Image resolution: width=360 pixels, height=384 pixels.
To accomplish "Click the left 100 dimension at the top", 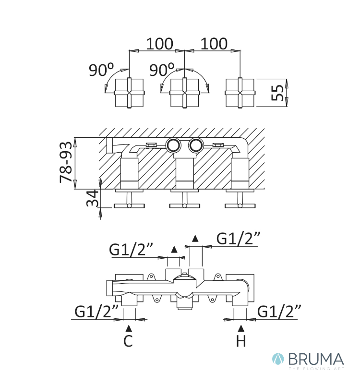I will coord(159,44).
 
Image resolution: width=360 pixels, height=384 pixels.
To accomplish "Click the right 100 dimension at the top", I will coord(214,44).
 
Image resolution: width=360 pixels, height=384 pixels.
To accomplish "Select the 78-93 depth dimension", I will coord(67,162).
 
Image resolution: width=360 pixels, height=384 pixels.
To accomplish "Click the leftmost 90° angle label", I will coord(101,71).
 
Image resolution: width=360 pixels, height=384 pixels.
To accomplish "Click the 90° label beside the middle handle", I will coord(161,71).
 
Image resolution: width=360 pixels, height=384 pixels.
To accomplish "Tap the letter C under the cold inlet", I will coord(128,342).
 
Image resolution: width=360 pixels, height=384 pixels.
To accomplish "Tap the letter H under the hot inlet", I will coord(241,342).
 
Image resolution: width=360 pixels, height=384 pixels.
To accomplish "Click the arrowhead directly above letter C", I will coord(128,328).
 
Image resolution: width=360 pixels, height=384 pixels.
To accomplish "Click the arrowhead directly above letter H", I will coord(241,328).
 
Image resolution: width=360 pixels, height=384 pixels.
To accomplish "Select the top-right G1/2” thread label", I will coord(239,238).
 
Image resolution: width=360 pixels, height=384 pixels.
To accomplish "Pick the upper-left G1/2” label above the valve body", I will coord(131,250).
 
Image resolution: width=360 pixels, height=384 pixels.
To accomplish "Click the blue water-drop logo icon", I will coord(278,360).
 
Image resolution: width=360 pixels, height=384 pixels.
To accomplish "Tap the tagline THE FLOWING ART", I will coord(316,369).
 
